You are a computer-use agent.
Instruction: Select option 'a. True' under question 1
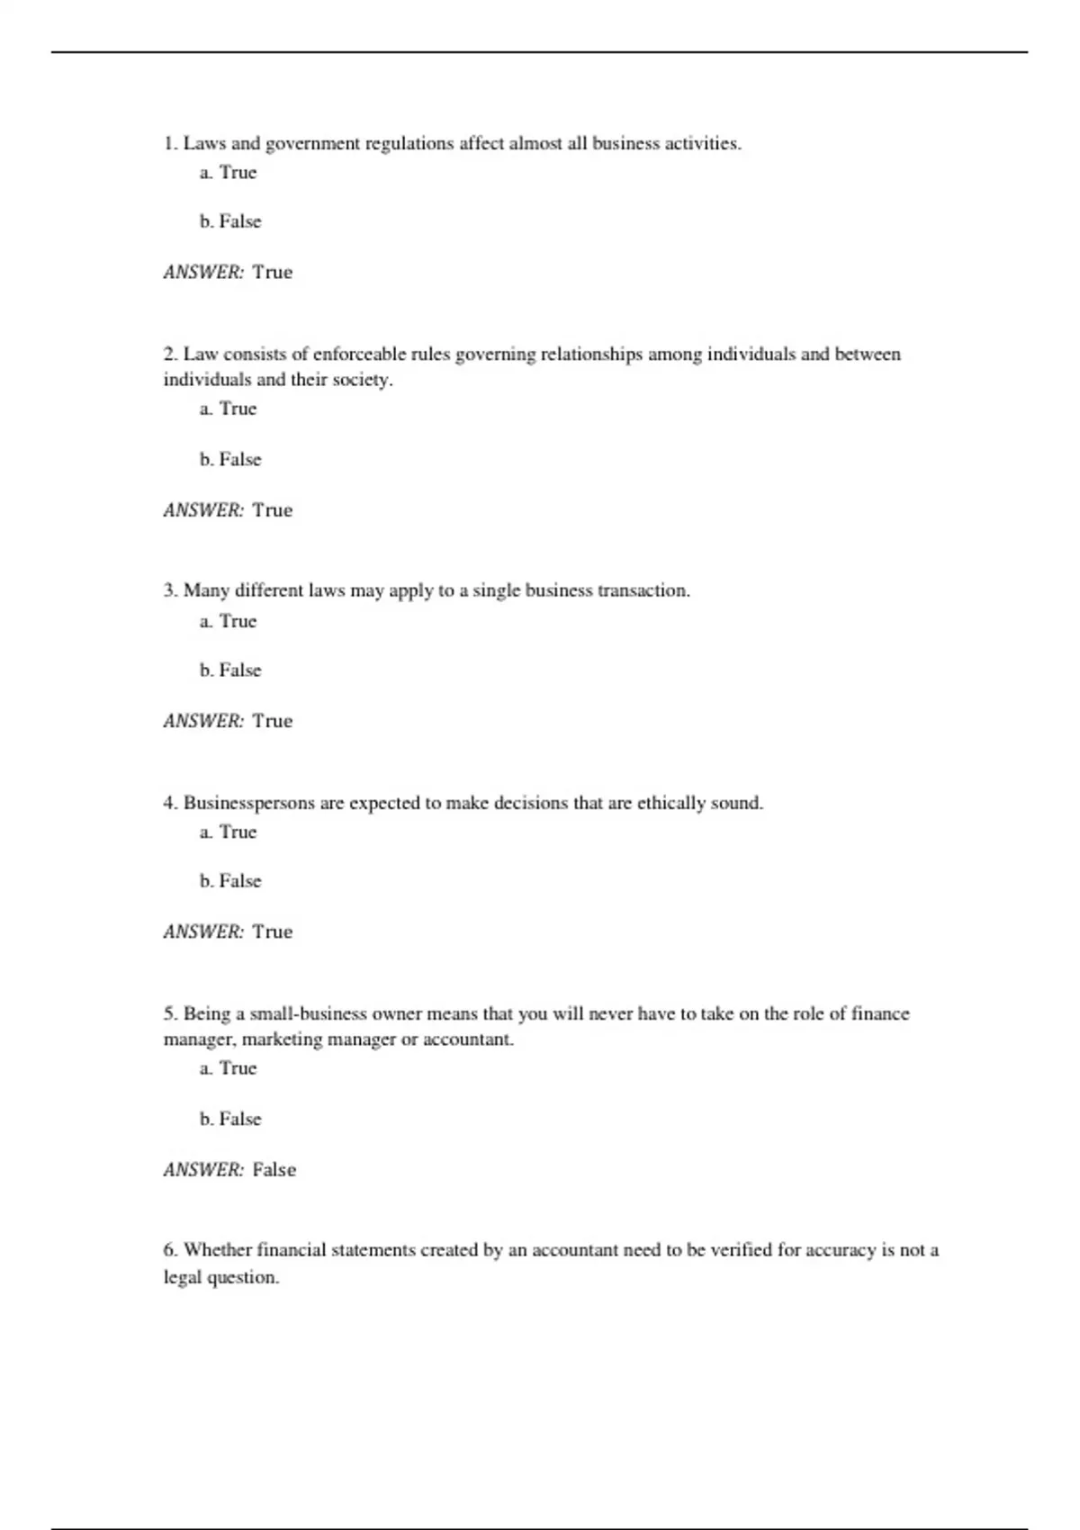click(229, 173)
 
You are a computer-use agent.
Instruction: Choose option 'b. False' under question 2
click(230, 460)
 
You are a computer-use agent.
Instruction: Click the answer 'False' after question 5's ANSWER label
click(274, 1170)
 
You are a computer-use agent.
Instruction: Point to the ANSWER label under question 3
click(203, 721)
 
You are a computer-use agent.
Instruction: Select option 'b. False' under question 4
click(230, 881)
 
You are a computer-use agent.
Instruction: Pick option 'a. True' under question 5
click(229, 1068)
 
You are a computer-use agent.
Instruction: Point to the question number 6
click(170, 1250)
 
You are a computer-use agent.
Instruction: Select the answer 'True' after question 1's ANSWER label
click(272, 273)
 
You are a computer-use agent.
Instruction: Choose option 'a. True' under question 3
click(229, 621)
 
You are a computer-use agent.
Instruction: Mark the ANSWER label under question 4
click(203, 932)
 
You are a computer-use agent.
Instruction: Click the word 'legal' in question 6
click(183, 1278)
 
